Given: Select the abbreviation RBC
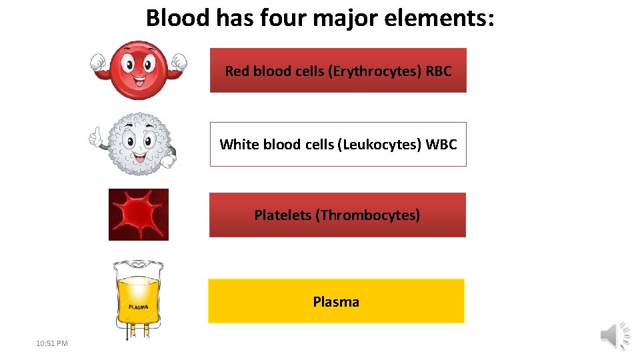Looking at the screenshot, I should pyautogui.click(x=438, y=71).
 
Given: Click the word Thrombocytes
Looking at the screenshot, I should pyautogui.click(x=367, y=215).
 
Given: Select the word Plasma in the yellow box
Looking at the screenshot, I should pyautogui.click(x=336, y=302).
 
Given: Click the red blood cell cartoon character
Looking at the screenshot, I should pyautogui.click(x=139, y=68).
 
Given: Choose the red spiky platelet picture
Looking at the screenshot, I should pyautogui.click(x=139, y=215).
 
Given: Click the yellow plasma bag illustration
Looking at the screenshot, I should pyautogui.click(x=139, y=298).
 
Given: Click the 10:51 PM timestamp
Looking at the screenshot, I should pyautogui.click(x=52, y=343).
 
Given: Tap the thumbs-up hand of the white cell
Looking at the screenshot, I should pyautogui.click(x=97, y=137).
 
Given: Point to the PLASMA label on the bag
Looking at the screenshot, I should pyautogui.click(x=138, y=307).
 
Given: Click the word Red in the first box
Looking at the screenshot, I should pyautogui.click(x=237, y=71).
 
